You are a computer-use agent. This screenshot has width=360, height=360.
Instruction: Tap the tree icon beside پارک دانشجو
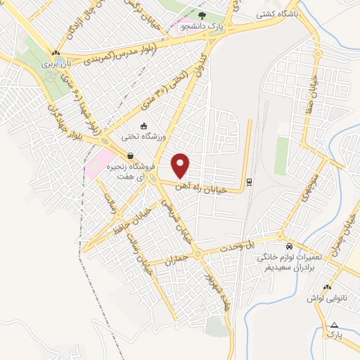click(203, 15)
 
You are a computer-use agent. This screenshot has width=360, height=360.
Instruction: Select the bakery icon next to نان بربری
click(55, 53)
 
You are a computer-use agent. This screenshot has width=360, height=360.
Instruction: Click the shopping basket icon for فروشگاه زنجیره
click(129, 156)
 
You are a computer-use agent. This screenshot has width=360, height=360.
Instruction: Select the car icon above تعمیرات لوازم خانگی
click(289, 247)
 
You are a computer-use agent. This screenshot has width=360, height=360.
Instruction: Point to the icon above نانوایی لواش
click(326, 287)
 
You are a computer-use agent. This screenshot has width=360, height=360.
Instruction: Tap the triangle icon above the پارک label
click(335, 325)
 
